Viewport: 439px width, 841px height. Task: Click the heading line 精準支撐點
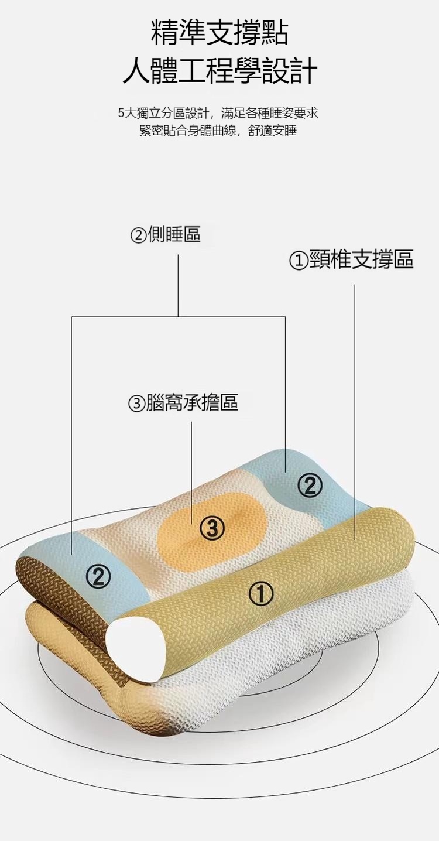click(220, 33)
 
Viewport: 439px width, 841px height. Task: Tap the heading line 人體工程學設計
click(220, 71)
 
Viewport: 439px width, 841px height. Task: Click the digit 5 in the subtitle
click(121, 113)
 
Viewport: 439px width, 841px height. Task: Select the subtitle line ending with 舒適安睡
click(218, 131)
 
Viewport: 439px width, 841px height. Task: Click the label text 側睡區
click(174, 235)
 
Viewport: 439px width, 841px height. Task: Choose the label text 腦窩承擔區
click(191, 403)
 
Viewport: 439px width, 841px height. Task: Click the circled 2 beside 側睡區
click(138, 235)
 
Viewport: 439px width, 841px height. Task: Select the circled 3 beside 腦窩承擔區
click(136, 404)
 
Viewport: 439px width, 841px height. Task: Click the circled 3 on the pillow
click(212, 529)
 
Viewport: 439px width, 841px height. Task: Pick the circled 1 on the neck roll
click(261, 594)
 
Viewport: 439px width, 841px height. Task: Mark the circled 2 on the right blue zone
click(310, 485)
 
